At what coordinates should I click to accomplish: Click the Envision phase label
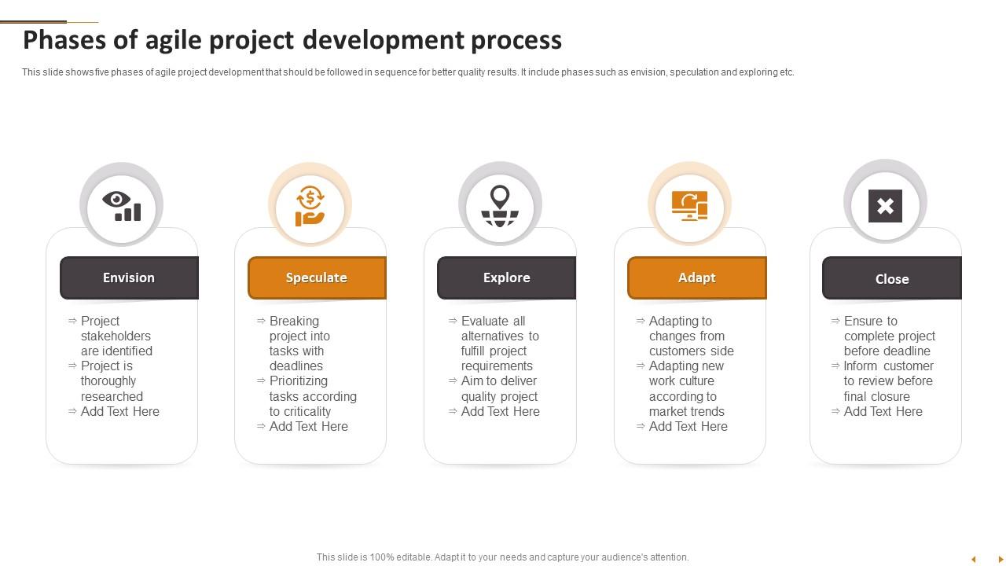tap(129, 277)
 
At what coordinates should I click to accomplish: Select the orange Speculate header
tap(317, 277)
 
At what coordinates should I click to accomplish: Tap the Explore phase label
tap(507, 277)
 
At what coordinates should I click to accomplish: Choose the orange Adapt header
tap(697, 277)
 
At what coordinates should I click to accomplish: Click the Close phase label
tap(892, 278)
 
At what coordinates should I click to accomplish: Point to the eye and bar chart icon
tap(122, 206)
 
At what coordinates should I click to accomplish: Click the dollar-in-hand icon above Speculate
tap(310, 206)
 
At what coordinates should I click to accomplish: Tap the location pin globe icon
tap(500, 206)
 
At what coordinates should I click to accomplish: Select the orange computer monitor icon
tap(689, 206)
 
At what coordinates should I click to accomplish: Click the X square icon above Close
tap(885, 206)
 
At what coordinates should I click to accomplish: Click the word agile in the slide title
tap(174, 40)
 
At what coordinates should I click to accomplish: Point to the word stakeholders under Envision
tap(116, 336)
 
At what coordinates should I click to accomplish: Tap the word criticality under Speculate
tap(300, 411)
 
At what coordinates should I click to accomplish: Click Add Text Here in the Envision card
tap(120, 411)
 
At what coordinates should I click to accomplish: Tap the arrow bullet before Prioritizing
tap(261, 380)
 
